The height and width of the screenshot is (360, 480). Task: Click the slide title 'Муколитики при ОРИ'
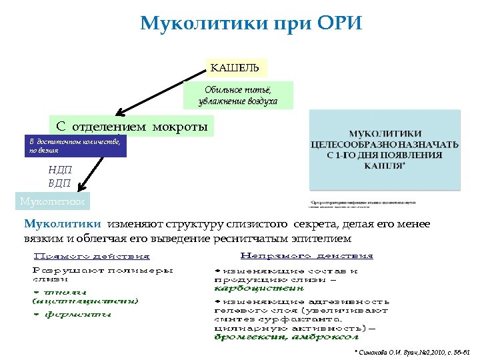point(251,24)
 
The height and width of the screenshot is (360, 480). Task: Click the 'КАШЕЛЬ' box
point(236,67)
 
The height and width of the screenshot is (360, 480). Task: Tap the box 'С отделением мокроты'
point(132,127)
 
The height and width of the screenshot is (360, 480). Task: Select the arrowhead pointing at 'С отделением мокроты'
point(120,111)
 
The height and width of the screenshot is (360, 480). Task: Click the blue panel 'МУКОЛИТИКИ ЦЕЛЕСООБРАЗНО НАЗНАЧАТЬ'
point(385,150)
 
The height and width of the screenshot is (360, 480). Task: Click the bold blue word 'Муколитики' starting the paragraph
point(62,225)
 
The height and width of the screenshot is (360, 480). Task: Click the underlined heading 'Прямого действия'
point(92,256)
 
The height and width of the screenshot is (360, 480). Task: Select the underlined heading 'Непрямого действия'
point(306,255)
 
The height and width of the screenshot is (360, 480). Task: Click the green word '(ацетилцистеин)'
point(85,301)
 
